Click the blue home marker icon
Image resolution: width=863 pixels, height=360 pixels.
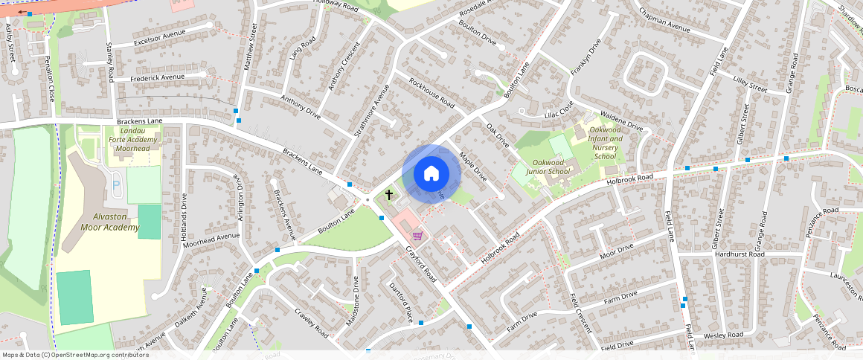click(x=431, y=174)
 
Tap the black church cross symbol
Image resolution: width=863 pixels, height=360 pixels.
click(x=388, y=196)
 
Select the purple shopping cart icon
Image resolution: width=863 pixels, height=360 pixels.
click(x=418, y=235)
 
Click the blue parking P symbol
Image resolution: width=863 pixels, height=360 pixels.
click(x=115, y=183)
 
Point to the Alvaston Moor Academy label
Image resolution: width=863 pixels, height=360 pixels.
click(x=111, y=222)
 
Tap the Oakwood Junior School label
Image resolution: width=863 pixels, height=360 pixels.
click(x=548, y=167)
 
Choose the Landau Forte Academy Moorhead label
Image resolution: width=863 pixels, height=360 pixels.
click(x=134, y=139)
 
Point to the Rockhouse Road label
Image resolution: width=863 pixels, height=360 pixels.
click(x=431, y=93)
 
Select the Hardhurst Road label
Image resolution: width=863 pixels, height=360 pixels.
click(x=740, y=254)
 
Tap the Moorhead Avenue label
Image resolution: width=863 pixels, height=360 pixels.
click(x=211, y=240)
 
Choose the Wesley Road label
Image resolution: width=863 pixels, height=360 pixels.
click(x=723, y=335)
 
